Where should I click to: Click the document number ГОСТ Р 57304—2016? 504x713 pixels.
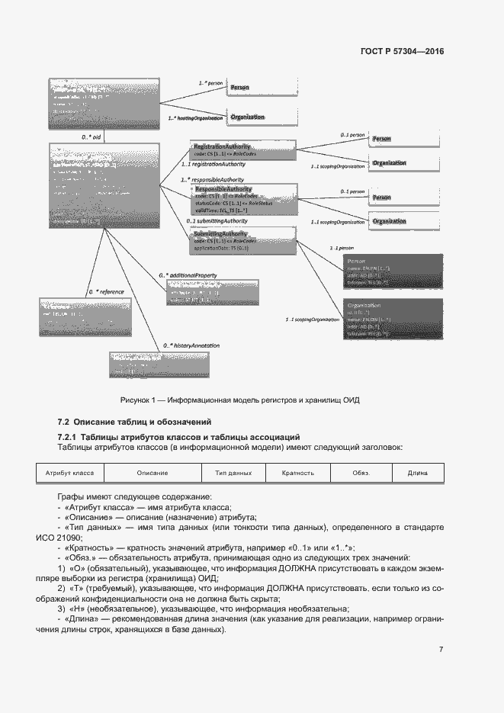(401, 52)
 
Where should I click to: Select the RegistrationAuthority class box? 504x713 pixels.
(233, 149)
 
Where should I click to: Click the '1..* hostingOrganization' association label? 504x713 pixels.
(195, 118)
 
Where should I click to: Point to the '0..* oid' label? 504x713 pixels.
(91, 136)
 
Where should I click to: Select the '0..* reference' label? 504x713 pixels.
(104, 291)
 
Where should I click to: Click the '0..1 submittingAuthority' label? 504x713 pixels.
(217, 221)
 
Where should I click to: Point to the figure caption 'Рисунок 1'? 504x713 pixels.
(239, 400)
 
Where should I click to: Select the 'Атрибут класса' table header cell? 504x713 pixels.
(69, 473)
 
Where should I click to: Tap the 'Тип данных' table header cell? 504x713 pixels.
(233, 473)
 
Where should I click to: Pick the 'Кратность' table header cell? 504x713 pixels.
(297, 473)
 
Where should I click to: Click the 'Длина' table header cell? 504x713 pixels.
(417, 473)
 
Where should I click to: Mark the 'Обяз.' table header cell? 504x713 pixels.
(361, 473)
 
